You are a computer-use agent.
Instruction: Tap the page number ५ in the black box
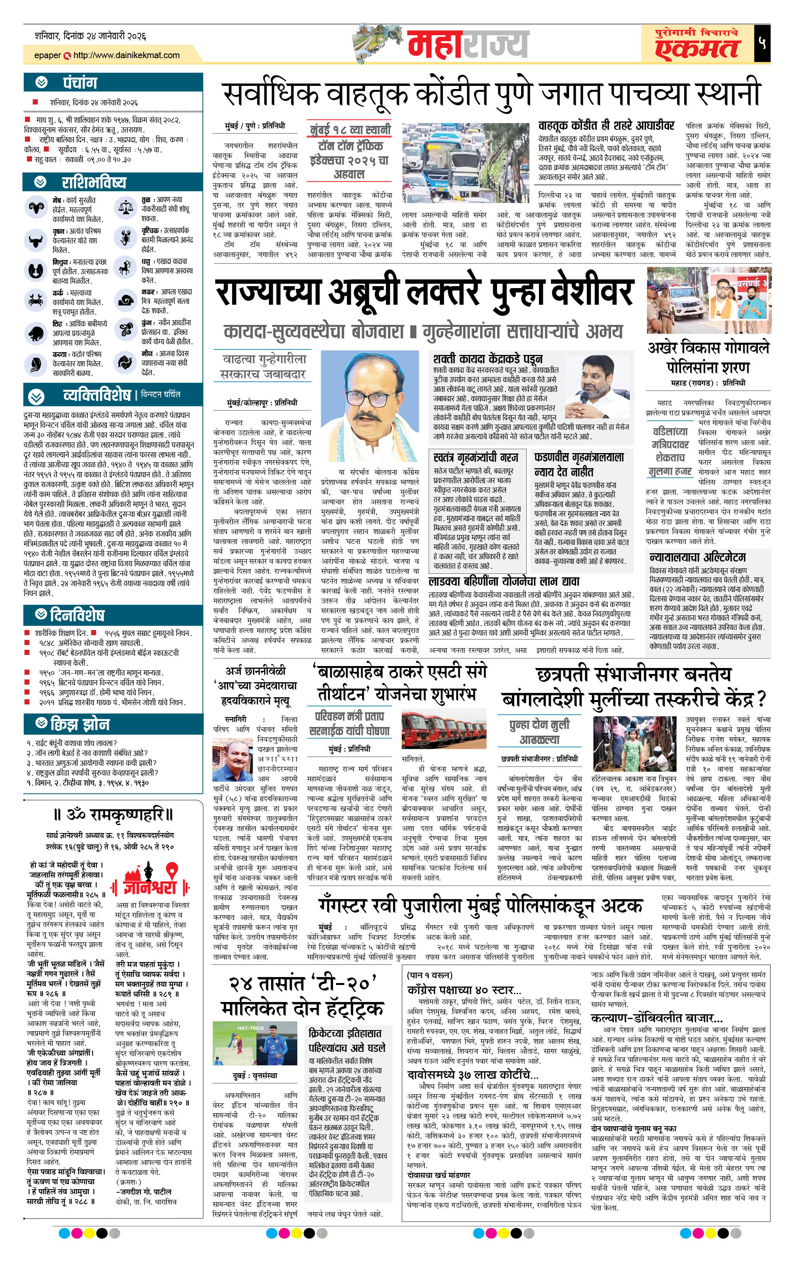pos(762,44)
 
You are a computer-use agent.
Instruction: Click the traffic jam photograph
pos(466,163)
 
